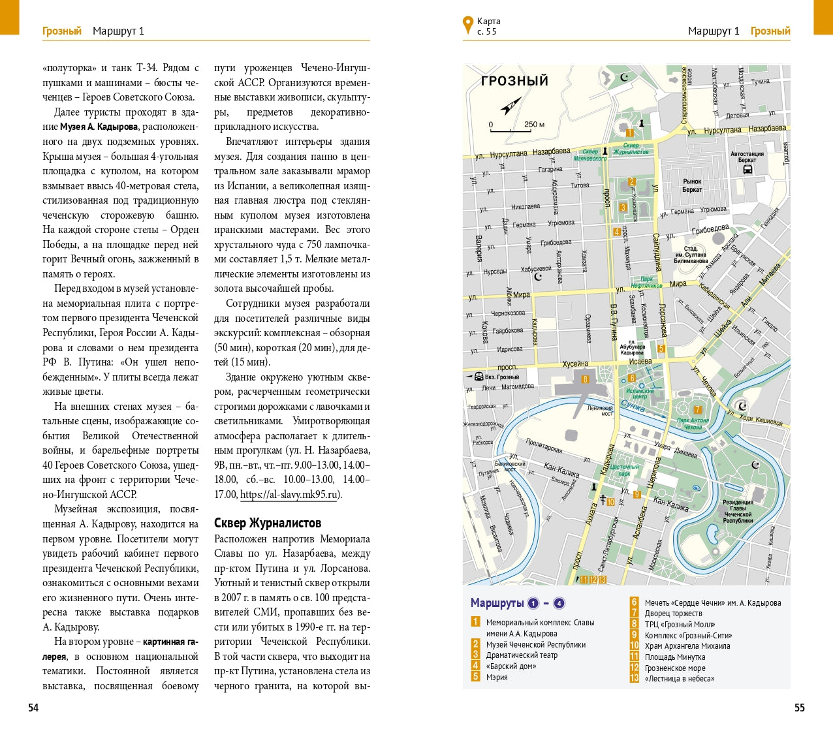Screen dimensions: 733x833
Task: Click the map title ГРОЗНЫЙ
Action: tap(514, 81)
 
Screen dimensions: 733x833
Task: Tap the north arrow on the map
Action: tap(511, 106)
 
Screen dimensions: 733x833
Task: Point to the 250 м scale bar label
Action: tap(533, 124)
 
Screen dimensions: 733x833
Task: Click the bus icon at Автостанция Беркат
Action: tap(747, 170)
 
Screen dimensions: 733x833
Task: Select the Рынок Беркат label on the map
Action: tap(692, 185)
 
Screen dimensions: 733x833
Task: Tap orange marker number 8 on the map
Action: tap(585, 379)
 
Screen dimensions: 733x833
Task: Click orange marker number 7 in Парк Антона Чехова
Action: tap(697, 410)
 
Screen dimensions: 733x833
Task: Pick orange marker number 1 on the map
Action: tap(630, 133)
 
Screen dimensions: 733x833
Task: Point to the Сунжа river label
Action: tap(633, 406)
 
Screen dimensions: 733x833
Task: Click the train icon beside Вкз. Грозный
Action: tap(479, 377)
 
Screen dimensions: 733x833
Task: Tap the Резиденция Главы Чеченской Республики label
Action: tap(738, 511)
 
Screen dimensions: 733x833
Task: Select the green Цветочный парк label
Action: tap(625, 470)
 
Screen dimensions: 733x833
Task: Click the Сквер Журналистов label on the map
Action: tap(631, 149)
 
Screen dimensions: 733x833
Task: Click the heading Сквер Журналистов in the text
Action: tap(268, 523)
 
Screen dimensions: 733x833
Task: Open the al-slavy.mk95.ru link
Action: tap(289, 494)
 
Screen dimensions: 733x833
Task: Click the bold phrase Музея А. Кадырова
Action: tap(99, 127)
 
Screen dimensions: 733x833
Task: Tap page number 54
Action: tap(33, 708)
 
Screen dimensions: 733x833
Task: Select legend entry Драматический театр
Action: tap(522, 655)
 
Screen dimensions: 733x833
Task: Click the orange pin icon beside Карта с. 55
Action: tap(467, 25)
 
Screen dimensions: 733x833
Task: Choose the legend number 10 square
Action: tap(634, 646)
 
